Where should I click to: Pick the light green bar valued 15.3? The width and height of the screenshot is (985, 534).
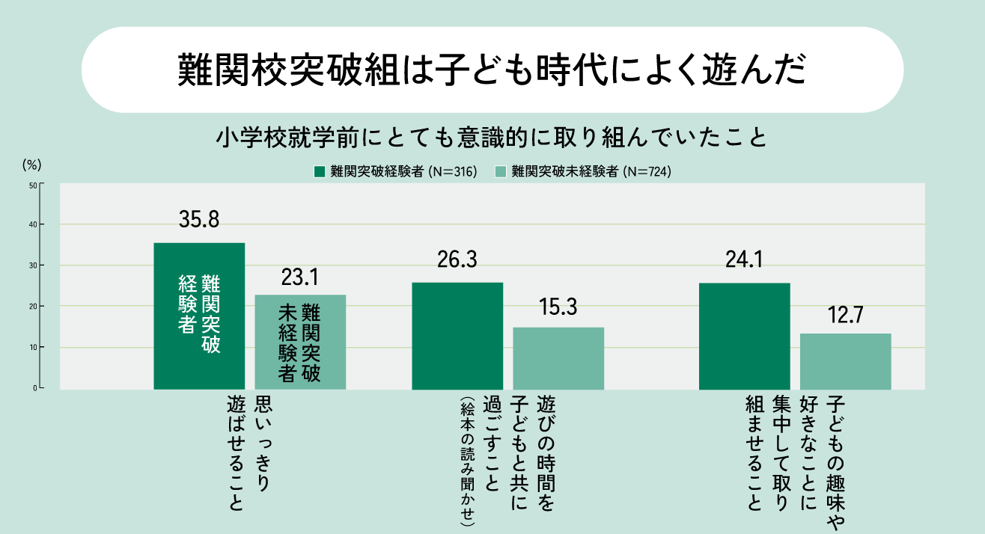pos(558,358)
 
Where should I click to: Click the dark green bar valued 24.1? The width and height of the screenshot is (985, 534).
pos(744,336)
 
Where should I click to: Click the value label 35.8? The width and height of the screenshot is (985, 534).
pos(198,220)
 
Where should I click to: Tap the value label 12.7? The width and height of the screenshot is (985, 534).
pos(845,315)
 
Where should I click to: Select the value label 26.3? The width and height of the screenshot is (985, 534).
pos(457,260)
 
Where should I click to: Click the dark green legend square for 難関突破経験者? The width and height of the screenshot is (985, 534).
pos(320,171)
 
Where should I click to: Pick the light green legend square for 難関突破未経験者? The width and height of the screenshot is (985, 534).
pos(501,171)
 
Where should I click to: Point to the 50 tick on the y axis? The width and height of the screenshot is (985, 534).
pos(34,184)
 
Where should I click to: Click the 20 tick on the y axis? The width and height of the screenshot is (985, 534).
pos(34,307)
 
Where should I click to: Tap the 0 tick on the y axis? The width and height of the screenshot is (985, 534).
pos(35,388)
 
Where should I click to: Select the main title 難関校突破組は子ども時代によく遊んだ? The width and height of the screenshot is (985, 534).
pos(492,70)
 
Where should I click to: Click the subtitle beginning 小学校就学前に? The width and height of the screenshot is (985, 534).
pos(492,138)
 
